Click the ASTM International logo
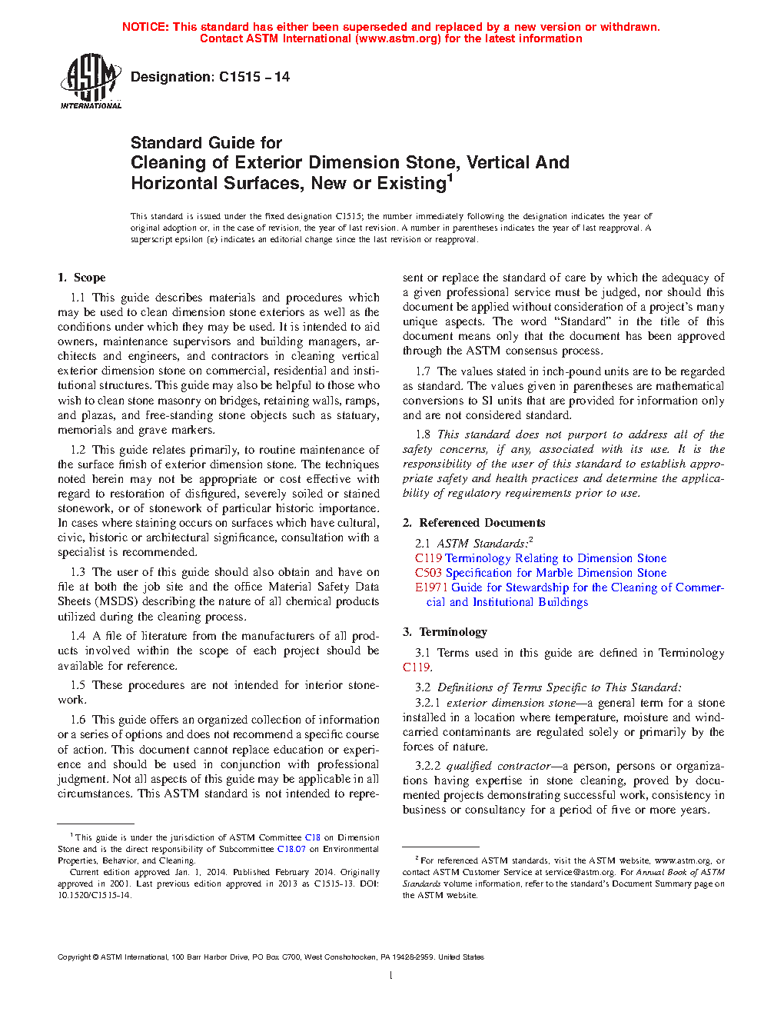tap(91, 81)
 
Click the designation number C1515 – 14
tap(254, 77)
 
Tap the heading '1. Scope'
tap(81, 278)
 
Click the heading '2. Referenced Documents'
tap(473, 523)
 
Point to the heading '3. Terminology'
tap(445, 632)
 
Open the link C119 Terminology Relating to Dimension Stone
tap(540, 558)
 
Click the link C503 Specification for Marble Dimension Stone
tap(540, 573)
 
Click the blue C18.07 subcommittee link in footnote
tap(291, 849)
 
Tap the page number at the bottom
tap(391, 976)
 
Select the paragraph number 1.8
tap(423, 434)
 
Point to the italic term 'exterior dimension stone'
tap(510, 703)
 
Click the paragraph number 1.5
tap(78, 685)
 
